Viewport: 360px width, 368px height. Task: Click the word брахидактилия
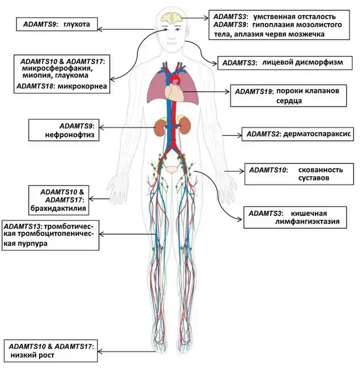(x=65, y=209)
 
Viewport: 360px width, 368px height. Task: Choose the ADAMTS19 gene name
(x=254, y=91)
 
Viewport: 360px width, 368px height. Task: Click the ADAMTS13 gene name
(x=23, y=226)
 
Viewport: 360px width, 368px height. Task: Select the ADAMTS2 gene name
(x=263, y=135)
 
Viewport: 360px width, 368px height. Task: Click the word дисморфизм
(x=314, y=63)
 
